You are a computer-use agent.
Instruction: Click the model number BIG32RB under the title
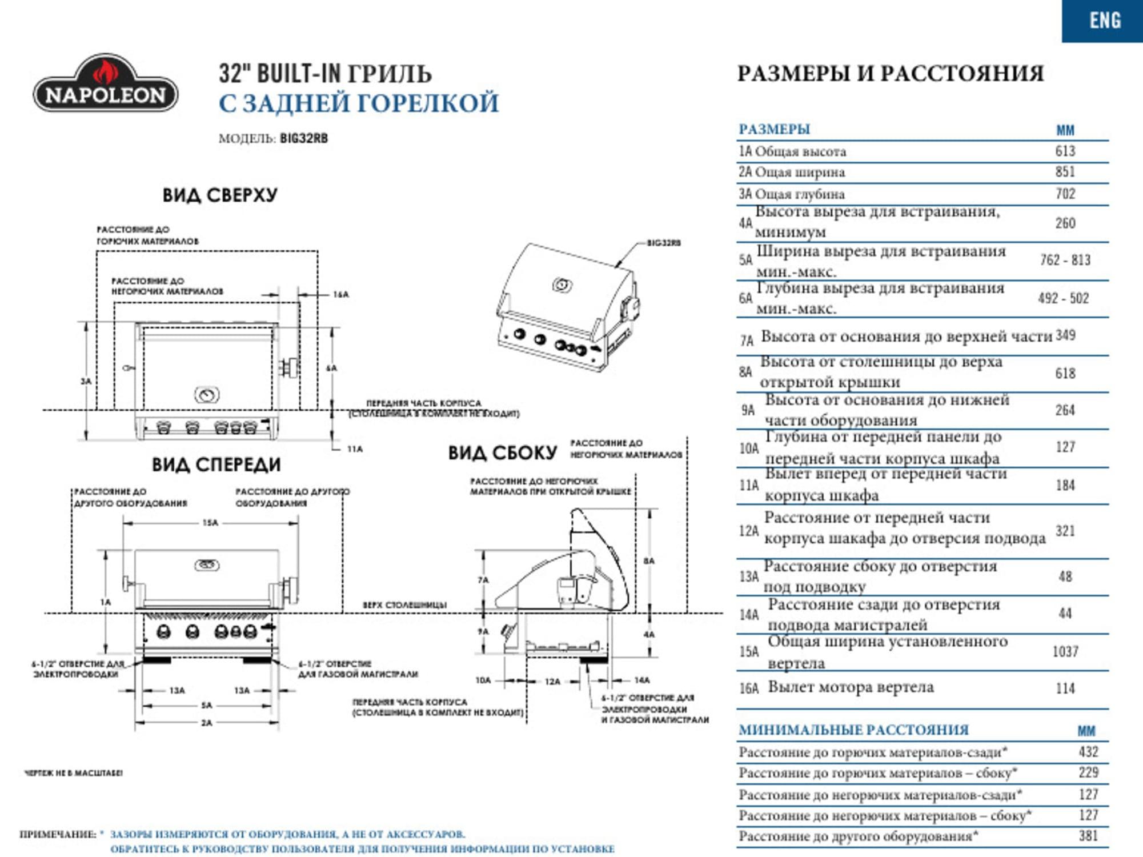click(304, 139)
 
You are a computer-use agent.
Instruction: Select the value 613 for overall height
click(1065, 151)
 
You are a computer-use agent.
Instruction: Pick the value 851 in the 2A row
click(1065, 172)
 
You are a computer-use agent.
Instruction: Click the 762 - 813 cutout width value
click(1065, 261)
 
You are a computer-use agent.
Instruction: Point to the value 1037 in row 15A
click(1065, 652)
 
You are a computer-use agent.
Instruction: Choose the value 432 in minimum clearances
click(1088, 752)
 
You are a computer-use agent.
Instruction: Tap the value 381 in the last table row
click(1088, 836)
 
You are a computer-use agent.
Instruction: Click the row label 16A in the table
click(749, 688)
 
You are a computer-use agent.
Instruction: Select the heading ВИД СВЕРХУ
click(220, 195)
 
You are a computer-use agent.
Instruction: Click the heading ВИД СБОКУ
click(502, 454)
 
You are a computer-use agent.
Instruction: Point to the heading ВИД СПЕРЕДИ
click(216, 465)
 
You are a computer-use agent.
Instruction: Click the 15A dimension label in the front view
click(210, 523)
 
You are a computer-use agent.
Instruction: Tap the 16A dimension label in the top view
click(340, 295)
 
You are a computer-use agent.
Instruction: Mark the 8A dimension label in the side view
click(648, 561)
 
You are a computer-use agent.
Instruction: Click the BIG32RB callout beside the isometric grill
click(663, 243)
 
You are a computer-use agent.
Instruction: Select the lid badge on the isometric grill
click(562, 284)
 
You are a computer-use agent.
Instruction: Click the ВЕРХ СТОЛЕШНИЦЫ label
click(404, 605)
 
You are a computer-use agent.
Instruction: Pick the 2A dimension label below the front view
click(206, 723)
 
